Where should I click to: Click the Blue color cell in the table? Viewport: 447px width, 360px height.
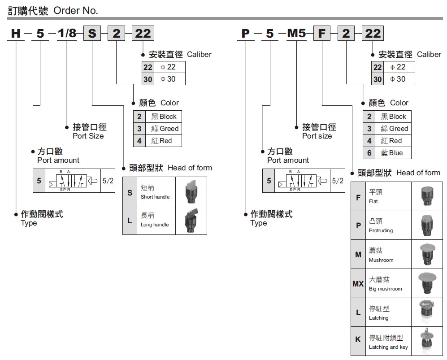coord(393,153)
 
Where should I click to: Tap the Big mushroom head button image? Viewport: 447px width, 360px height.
coord(427,283)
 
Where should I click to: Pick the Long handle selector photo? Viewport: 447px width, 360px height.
coord(191,220)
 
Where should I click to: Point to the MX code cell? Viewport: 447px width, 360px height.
coord(358,284)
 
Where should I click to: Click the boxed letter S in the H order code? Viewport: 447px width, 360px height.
coord(92,33)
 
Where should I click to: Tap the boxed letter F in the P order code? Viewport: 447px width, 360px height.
coord(321,33)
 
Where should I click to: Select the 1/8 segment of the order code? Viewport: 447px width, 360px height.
coord(67,33)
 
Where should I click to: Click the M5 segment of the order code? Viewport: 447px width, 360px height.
coord(296,33)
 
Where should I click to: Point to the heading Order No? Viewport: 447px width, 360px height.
coord(75,11)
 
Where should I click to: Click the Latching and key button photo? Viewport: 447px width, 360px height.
coord(427,341)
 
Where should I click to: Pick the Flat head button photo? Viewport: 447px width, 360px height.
coord(427,196)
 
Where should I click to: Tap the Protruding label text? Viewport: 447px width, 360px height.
coord(381,230)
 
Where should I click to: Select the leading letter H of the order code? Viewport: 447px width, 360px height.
coord(16,33)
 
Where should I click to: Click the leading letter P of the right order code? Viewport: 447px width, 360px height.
coord(245,33)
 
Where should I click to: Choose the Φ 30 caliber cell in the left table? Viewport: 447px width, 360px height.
coord(169,79)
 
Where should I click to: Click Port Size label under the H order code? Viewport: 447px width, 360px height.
coord(88,136)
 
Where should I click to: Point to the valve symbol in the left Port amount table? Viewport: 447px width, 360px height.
coord(73,181)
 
